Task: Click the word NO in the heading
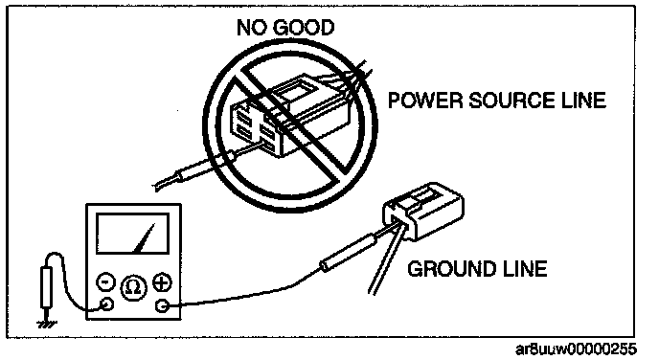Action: pyautogui.click(x=250, y=28)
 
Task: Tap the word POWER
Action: pyautogui.click(x=424, y=101)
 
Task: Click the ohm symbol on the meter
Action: pyautogui.click(x=134, y=288)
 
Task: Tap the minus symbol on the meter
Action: pyautogui.click(x=105, y=281)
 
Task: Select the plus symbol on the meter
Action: pyautogui.click(x=162, y=282)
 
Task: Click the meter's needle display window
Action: pyautogui.click(x=132, y=234)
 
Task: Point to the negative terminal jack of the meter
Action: pyautogui.click(x=106, y=304)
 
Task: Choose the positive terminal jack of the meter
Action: pyautogui.click(x=161, y=305)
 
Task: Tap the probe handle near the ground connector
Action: pyautogui.click(x=349, y=254)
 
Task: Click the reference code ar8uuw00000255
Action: pyautogui.click(x=576, y=349)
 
